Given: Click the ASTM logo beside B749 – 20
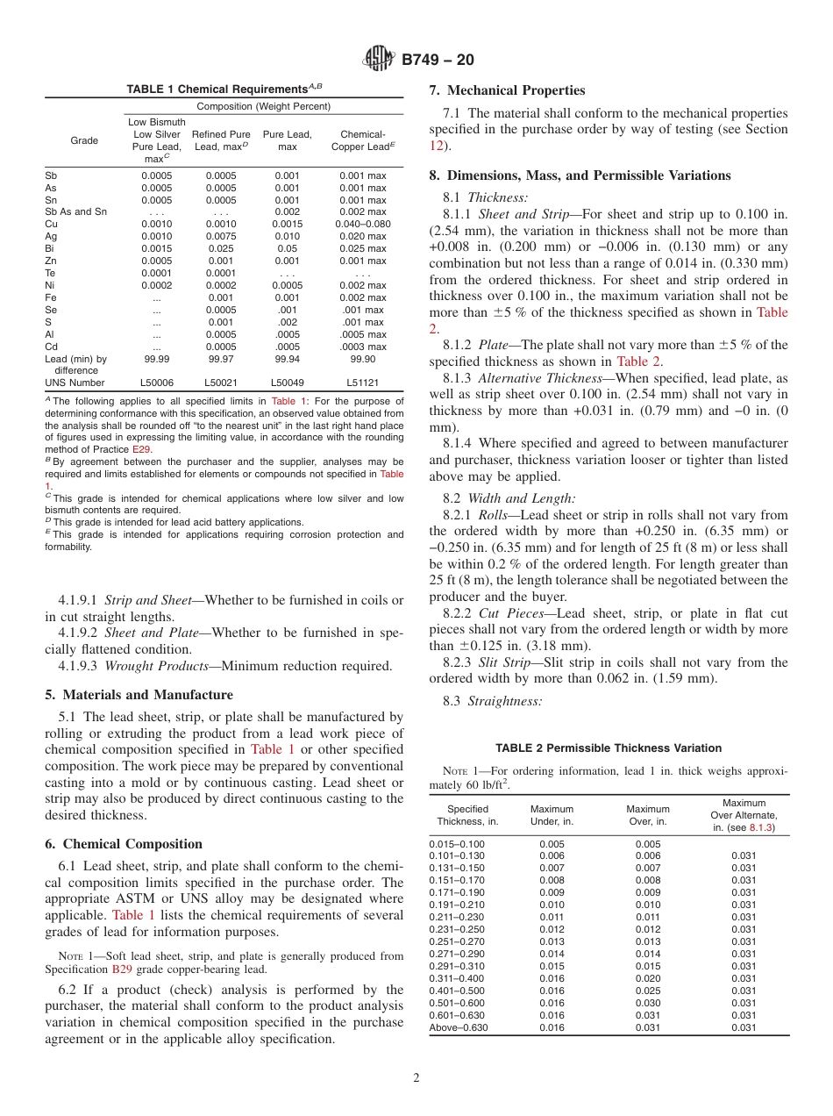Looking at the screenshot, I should point(380,60).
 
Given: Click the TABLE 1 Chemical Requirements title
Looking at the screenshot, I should point(224,89).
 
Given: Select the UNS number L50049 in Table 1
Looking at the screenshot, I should point(287,383).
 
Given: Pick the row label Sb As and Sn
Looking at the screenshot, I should point(75,211).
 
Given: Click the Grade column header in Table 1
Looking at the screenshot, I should point(84,140).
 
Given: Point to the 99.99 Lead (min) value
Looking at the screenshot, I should point(157,359).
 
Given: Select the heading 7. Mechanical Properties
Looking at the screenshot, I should point(506,90).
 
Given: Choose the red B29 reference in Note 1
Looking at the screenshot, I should point(121,969).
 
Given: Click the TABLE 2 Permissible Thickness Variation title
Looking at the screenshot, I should point(609,748).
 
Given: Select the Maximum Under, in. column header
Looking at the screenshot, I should point(552,815).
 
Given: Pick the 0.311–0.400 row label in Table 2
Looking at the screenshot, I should point(456,978).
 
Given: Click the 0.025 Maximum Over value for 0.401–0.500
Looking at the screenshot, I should point(647,991).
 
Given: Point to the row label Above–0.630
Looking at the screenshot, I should point(458,1027).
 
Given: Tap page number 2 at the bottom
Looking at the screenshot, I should point(416,1078).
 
